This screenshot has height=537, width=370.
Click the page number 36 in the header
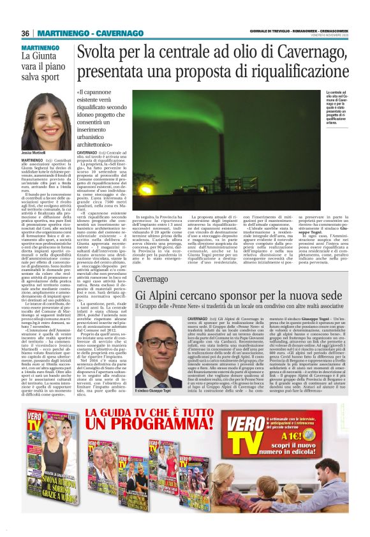[x=26, y=33]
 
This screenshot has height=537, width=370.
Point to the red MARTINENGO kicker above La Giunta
[x=40, y=48]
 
